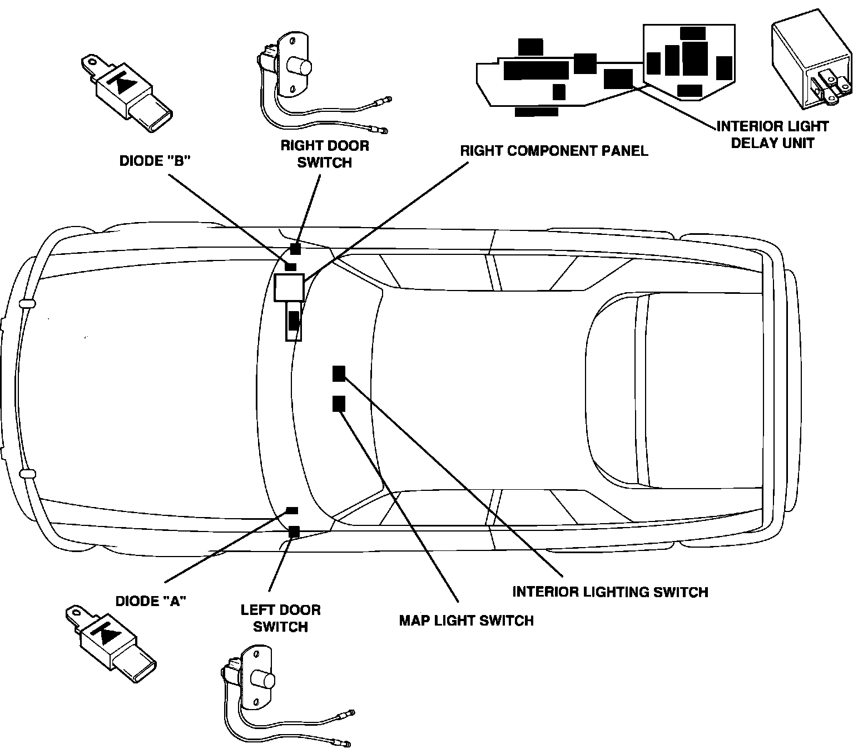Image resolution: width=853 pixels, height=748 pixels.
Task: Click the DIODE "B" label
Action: coord(156,161)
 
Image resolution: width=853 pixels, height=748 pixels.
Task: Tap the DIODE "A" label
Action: coord(151,601)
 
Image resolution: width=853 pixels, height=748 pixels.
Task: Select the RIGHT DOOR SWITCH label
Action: coord(325,154)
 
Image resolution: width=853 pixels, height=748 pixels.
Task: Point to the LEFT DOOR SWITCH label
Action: coord(281,618)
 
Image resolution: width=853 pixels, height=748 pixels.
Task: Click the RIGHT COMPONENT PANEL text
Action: coord(554,151)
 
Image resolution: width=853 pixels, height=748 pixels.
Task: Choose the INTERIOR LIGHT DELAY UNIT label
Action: coord(772,135)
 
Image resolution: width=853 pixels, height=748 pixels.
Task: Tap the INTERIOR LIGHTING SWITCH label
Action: coord(610,592)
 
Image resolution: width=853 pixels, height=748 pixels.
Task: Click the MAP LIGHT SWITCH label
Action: coord(466,620)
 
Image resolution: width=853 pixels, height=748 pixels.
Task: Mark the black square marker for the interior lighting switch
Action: coord(339,374)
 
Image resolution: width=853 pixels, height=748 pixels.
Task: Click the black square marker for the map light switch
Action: coord(339,403)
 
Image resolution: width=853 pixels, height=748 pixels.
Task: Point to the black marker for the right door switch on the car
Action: coord(295,249)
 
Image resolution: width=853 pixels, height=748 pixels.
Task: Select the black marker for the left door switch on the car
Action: coord(294,532)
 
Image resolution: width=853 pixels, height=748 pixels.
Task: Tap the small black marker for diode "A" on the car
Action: coord(291,510)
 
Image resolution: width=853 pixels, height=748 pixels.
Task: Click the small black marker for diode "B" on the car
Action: coord(291,266)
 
